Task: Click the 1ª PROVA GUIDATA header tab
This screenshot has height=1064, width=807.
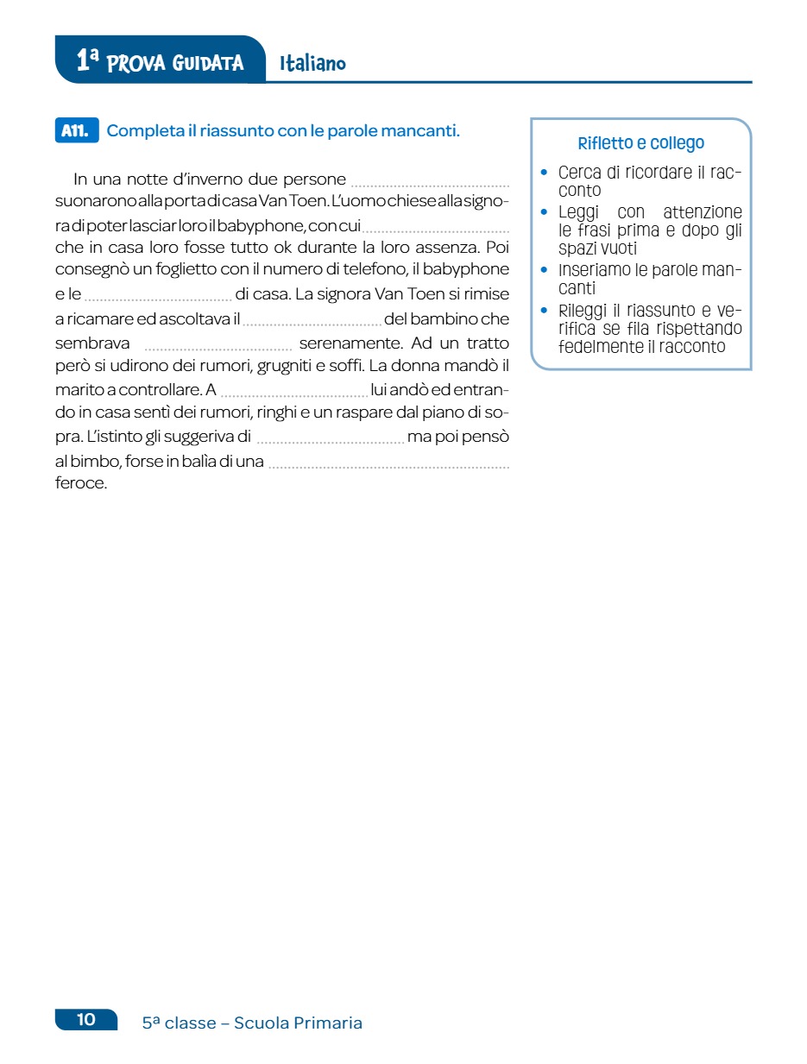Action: click(160, 61)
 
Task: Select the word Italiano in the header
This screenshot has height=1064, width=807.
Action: click(312, 63)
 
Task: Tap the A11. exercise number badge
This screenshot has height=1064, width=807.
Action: click(76, 131)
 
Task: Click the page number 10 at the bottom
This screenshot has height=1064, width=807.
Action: click(86, 1019)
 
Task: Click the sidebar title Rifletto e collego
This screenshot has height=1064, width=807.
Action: click(640, 143)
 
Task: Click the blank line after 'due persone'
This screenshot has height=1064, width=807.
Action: click(430, 182)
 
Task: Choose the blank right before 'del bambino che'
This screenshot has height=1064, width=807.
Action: click(312, 322)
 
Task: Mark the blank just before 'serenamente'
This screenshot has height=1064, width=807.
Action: click(218, 347)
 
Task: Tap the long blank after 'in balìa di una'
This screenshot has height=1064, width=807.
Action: click(388, 464)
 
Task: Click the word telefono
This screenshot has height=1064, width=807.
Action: click(375, 270)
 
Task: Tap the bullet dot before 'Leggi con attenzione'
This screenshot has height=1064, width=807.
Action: click(544, 211)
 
